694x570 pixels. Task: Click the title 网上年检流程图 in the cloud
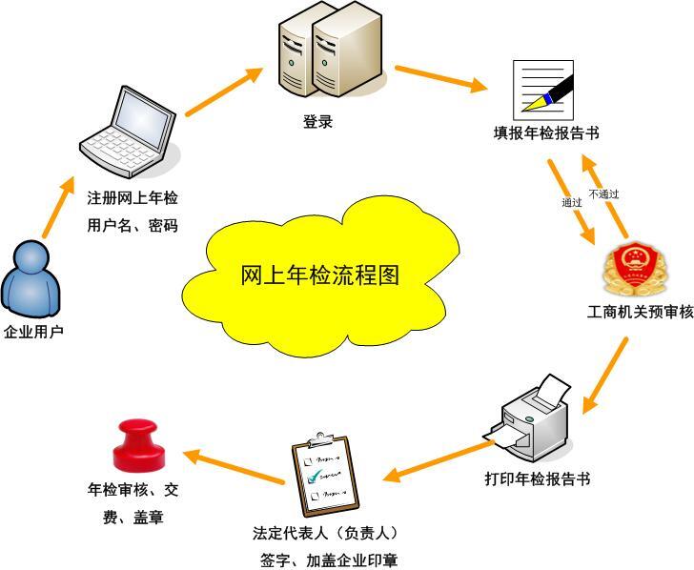point(320,276)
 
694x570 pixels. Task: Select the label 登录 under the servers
point(318,122)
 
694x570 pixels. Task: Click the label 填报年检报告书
point(546,133)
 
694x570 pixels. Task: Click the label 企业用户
point(33,333)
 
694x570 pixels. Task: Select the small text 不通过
point(603,194)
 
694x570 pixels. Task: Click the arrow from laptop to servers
point(224,92)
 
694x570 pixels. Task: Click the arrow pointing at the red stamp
point(234,467)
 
